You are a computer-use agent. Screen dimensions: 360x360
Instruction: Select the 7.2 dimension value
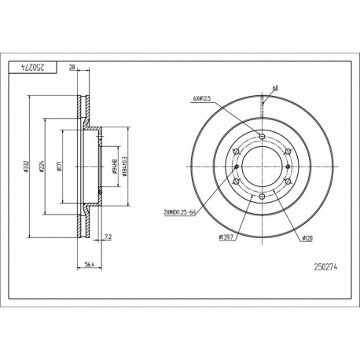click(108, 235)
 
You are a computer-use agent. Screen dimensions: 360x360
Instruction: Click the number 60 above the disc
click(275, 89)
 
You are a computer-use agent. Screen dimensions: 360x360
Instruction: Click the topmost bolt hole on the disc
click(262, 137)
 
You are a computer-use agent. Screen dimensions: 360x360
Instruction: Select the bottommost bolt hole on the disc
click(262, 197)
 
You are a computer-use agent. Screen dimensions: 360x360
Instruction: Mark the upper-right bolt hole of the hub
click(288, 152)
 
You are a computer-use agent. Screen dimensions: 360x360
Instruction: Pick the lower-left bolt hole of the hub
click(236, 182)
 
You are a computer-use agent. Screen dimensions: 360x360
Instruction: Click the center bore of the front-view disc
click(262, 167)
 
